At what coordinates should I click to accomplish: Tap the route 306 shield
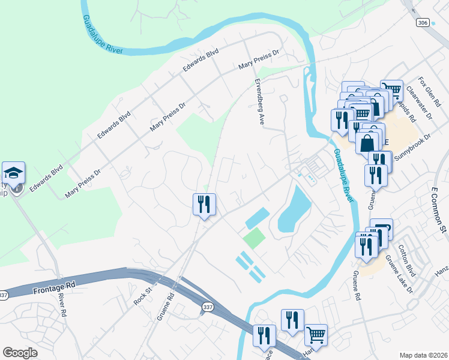tap(422, 22)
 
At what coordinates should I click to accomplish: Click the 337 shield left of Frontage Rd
tap(4, 295)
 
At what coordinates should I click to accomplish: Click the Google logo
tap(20, 353)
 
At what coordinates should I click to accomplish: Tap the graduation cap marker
tap(13, 173)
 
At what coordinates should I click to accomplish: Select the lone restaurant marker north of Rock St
tap(204, 205)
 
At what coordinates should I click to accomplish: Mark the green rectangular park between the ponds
tap(253, 239)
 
